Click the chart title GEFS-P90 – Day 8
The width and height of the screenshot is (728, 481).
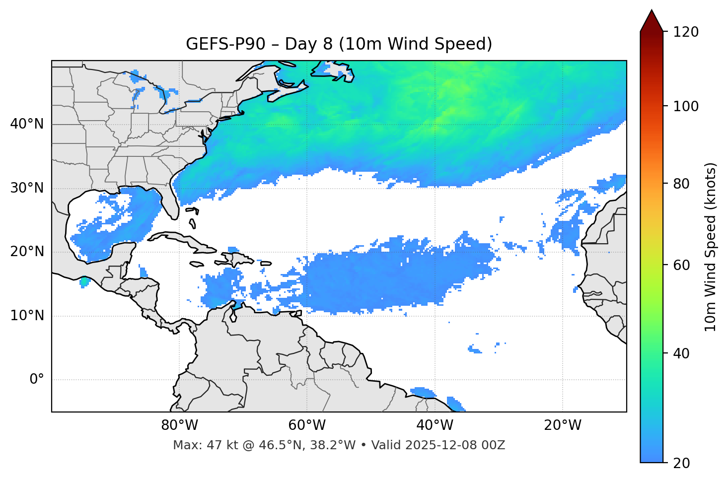[x=339, y=44]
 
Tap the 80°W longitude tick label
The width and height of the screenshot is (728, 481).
[x=179, y=425]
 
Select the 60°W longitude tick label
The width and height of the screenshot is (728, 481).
[x=307, y=425]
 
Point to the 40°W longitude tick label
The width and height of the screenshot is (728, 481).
[x=435, y=425]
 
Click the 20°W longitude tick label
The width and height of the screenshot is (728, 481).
[x=563, y=425]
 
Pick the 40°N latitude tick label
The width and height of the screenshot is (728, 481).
[x=27, y=124]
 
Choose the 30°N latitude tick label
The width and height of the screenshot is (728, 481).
[x=27, y=188]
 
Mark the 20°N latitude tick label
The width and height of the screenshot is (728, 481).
[x=27, y=252]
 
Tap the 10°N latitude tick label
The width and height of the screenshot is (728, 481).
[x=27, y=316]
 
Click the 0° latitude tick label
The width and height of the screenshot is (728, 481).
[x=37, y=380]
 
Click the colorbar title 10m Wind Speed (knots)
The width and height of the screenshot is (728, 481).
[x=711, y=247]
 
